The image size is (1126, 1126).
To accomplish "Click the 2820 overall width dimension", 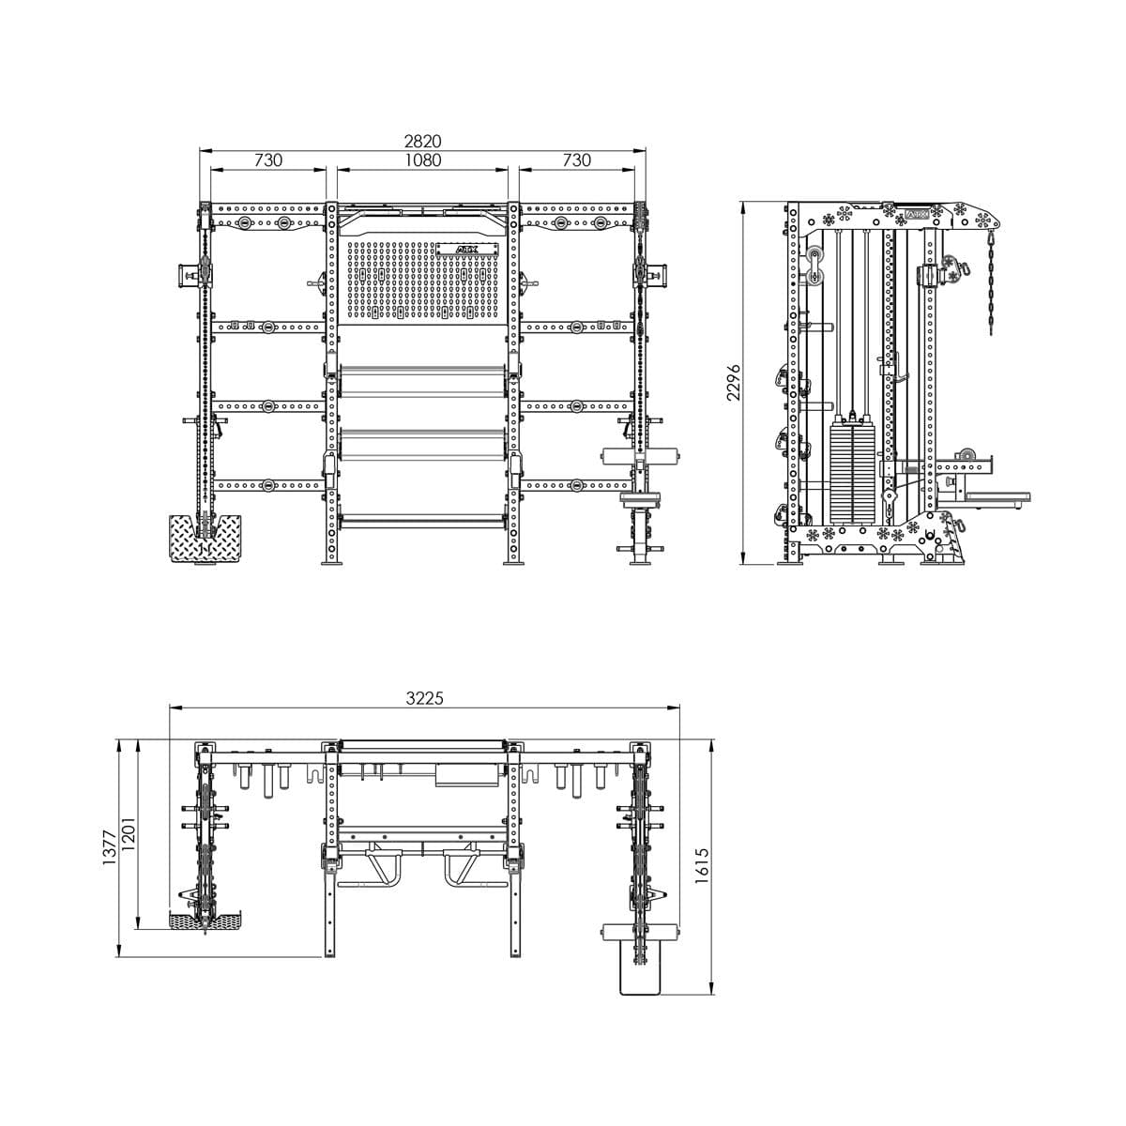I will [422, 141].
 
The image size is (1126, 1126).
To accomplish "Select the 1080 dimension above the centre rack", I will [422, 160].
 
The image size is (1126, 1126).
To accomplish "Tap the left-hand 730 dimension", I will [267, 160].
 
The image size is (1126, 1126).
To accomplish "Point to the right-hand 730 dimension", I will [577, 160].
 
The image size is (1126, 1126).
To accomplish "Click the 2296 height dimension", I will [734, 382].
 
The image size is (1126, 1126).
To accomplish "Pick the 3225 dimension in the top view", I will [424, 698].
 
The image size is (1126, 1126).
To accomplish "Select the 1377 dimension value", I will [109, 847].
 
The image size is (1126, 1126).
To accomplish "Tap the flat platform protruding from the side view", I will [997, 496].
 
